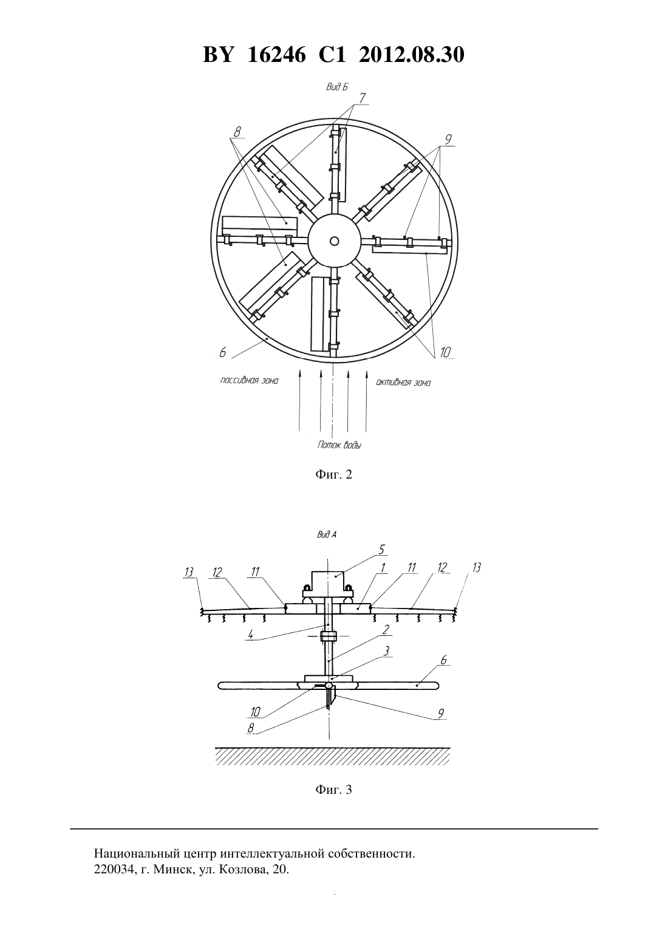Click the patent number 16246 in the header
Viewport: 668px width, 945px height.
276,55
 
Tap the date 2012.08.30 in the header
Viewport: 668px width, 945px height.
412,55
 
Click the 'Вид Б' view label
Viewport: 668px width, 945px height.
337,87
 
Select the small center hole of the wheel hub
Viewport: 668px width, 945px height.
335,241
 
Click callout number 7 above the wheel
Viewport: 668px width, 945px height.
362,98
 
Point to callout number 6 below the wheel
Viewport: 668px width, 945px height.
223,352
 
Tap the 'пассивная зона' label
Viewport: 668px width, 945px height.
249,381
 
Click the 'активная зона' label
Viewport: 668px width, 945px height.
403,383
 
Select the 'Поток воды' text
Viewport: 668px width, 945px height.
339,445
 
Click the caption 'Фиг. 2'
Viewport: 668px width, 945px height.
333,474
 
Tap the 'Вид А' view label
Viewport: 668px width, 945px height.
327,534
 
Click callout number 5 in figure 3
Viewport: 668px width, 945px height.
381,550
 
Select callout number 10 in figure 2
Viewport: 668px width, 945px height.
446,352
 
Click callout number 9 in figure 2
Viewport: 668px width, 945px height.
448,139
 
